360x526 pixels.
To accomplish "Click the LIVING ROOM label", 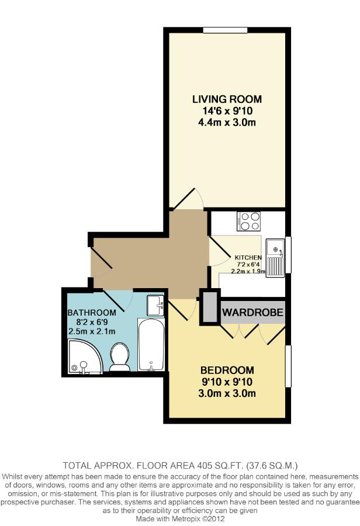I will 227,99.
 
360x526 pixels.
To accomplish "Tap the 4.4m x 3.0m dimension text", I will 227,122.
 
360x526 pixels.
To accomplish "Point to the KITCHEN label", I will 249,257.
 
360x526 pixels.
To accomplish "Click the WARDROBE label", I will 252,313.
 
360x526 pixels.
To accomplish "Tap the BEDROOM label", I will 227,370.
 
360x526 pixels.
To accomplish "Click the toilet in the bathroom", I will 120,357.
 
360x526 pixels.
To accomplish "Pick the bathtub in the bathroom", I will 151,345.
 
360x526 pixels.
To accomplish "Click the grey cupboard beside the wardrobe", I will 208,307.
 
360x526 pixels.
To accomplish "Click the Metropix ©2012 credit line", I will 179,517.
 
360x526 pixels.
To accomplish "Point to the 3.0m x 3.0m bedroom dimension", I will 227,393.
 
